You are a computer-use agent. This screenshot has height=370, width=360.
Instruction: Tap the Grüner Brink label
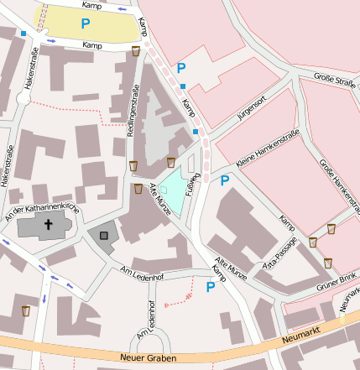pos(336,279)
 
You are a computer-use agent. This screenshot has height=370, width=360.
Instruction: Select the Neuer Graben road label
pos(147,359)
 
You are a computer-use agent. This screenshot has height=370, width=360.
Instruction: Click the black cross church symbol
pos(48,225)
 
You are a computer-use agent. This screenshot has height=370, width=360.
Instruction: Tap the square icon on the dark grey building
pos(105,236)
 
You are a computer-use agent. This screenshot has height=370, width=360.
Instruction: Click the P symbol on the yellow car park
pos(85,24)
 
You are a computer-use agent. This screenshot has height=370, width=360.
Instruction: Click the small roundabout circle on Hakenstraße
pos(23,99)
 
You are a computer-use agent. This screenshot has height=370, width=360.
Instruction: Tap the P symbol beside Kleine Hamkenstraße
pos(224,180)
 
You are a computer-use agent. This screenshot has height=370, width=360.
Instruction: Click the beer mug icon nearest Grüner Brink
pos(328,263)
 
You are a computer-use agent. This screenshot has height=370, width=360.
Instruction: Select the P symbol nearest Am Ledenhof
pos(211,287)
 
